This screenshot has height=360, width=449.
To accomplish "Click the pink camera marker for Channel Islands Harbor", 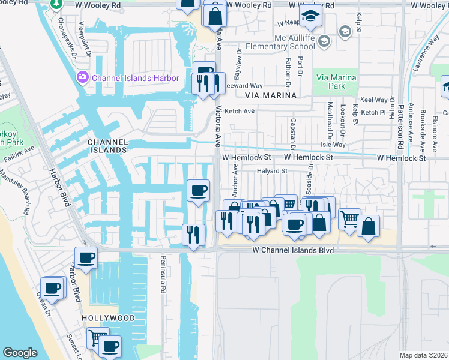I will pos(82,77).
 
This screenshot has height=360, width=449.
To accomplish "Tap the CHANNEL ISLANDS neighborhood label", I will pos(107,146).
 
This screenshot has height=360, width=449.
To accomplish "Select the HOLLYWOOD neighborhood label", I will pos(109,317).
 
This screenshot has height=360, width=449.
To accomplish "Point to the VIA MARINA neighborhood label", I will pos(271,95).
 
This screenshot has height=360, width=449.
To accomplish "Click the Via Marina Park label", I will pos(336,82).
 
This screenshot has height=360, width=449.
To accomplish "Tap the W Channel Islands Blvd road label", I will pos(292,249).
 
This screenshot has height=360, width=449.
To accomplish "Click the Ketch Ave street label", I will pos(240,111).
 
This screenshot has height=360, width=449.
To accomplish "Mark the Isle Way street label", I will pos(334,145).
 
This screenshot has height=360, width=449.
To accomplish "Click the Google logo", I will pos(20,353).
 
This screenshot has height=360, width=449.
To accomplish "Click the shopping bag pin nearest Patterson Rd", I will pos(368,227).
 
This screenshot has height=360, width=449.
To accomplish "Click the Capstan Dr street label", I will pos(294,137).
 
